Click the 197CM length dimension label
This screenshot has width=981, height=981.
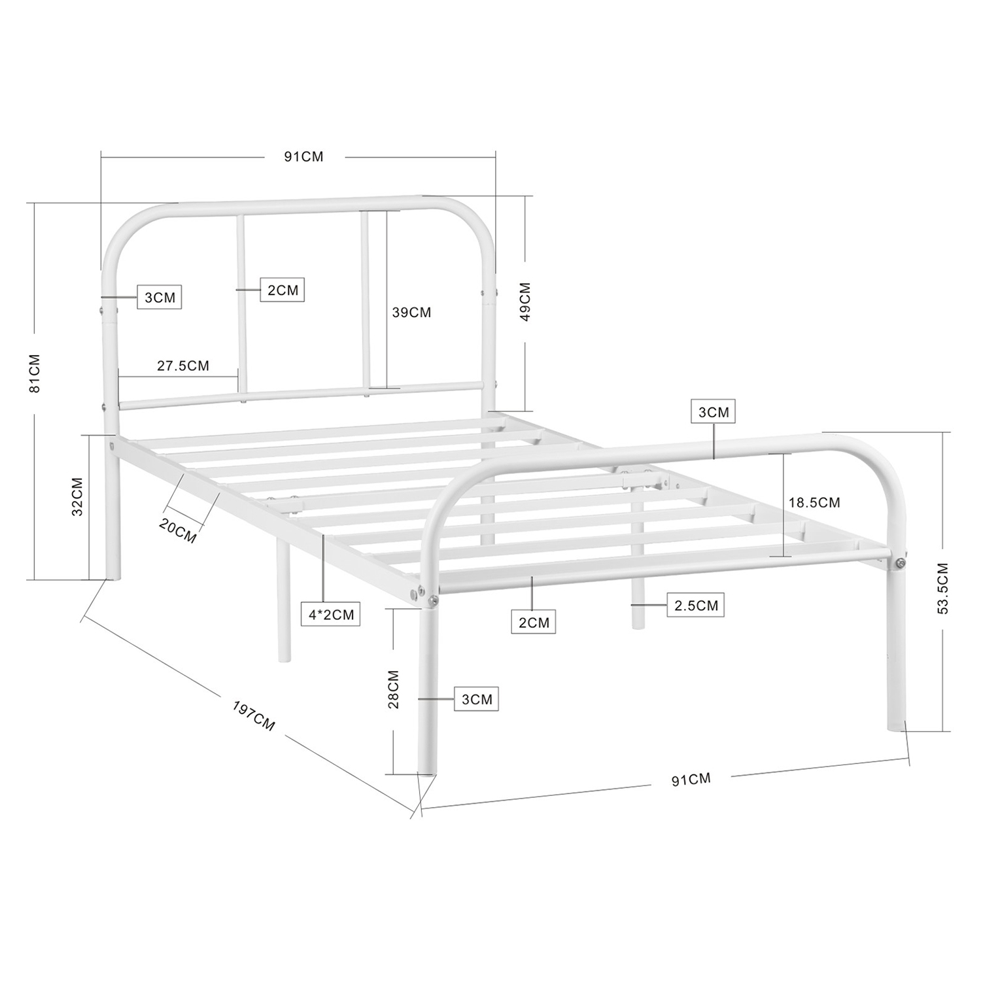click(x=254, y=716)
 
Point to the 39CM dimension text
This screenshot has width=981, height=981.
click(x=412, y=313)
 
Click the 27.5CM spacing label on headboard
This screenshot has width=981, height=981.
click(x=183, y=366)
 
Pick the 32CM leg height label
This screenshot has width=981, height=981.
click(x=77, y=497)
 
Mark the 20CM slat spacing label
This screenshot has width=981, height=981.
click(x=178, y=530)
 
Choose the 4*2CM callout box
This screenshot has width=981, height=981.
click(x=332, y=615)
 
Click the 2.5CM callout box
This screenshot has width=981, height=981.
click(x=696, y=606)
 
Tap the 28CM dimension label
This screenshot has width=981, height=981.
click(x=393, y=689)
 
